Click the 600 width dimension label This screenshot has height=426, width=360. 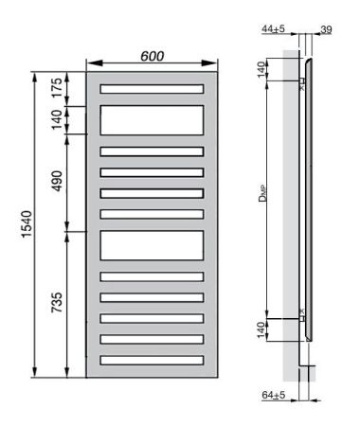(152, 57)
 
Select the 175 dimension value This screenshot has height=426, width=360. (57, 90)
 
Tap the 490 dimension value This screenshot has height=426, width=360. (57, 182)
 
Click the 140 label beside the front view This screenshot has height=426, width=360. (57, 120)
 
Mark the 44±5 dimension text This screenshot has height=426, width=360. (274, 30)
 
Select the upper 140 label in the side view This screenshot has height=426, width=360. (261, 71)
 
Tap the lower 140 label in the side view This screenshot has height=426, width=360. (261, 328)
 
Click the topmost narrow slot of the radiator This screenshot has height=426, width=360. (152, 89)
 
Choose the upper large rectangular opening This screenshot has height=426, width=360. (152, 119)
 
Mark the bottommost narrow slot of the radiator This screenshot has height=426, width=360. (152, 360)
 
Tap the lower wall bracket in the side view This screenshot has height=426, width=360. (301, 315)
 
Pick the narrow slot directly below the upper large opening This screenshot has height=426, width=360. (152, 151)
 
